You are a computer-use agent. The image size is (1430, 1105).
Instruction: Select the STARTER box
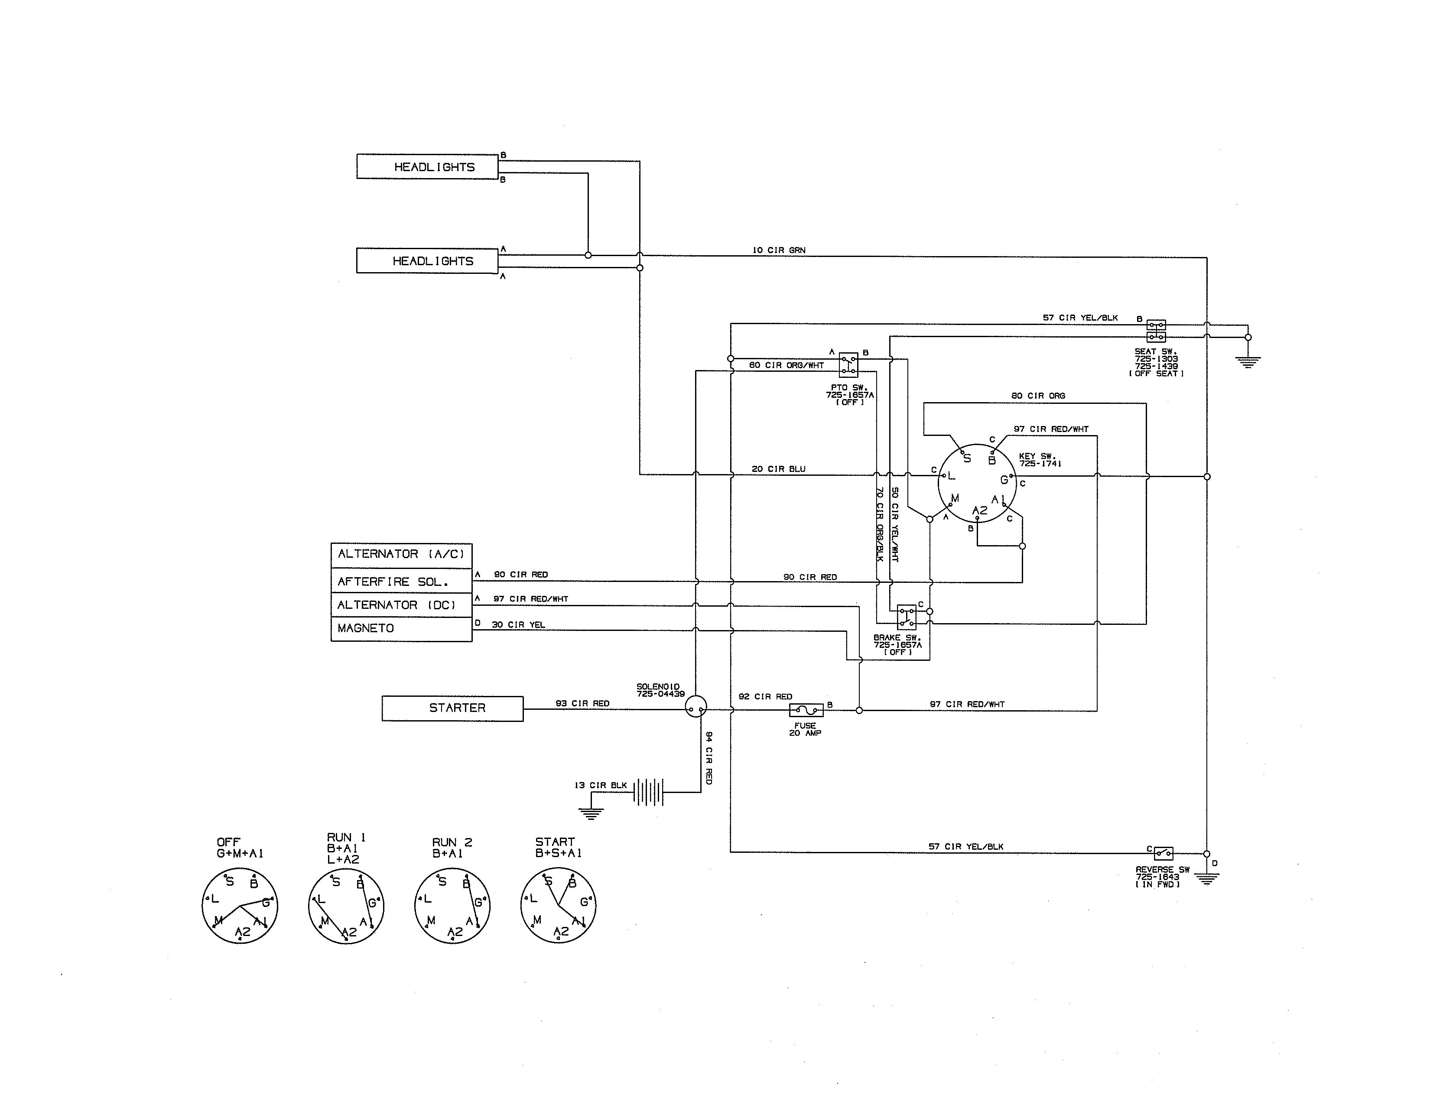point(452,708)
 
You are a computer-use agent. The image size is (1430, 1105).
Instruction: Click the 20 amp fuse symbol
point(806,710)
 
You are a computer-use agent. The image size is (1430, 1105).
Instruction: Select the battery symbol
point(648,792)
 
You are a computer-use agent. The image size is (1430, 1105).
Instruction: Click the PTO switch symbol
point(848,365)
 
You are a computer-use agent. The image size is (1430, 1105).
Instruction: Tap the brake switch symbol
point(906,617)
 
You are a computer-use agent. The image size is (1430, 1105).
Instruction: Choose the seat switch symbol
point(1156,331)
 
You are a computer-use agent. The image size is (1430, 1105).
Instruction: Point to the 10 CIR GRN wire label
point(779,250)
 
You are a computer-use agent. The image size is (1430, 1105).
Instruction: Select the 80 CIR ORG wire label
point(1038,395)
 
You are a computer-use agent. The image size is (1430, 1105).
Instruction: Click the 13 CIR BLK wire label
point(601,785)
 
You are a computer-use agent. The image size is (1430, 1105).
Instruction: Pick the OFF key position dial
point(240,905)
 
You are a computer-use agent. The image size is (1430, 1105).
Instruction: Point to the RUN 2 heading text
point(452,842)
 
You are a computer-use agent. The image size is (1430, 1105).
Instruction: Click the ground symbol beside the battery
point(591,814)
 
